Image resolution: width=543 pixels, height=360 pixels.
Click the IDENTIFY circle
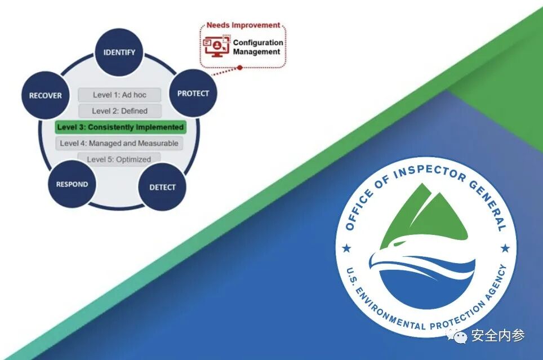(119, 52)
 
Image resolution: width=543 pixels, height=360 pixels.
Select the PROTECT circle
(193, 94)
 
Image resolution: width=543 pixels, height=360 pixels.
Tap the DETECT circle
(162, 187)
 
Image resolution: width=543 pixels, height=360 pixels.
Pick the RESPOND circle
(72, 184)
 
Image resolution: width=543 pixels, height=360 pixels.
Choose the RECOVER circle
(46, 95)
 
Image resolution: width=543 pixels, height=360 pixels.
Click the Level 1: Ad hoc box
(119, 95)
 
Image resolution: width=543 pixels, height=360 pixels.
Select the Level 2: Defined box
(119, 111)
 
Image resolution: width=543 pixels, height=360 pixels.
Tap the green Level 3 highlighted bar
(121, 127)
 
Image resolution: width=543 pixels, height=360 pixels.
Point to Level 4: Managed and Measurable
(119, 143)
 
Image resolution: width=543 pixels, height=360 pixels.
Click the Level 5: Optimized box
(119, 159)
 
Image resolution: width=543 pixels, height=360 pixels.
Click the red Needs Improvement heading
(243, 25)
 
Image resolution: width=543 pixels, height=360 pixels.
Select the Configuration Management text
(257, 47)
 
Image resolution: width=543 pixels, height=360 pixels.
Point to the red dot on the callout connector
(239, 67)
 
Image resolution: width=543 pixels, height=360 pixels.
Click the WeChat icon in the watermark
(460, 336)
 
